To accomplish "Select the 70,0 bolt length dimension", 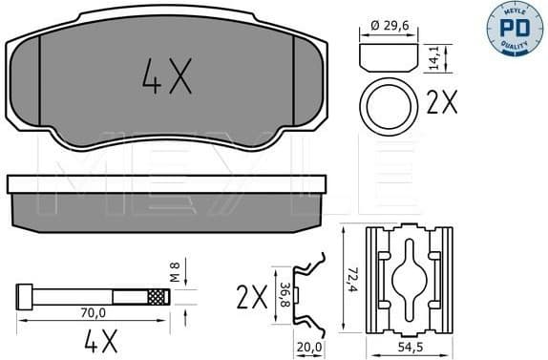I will pos(93,310).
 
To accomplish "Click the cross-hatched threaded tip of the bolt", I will pos(158,297).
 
